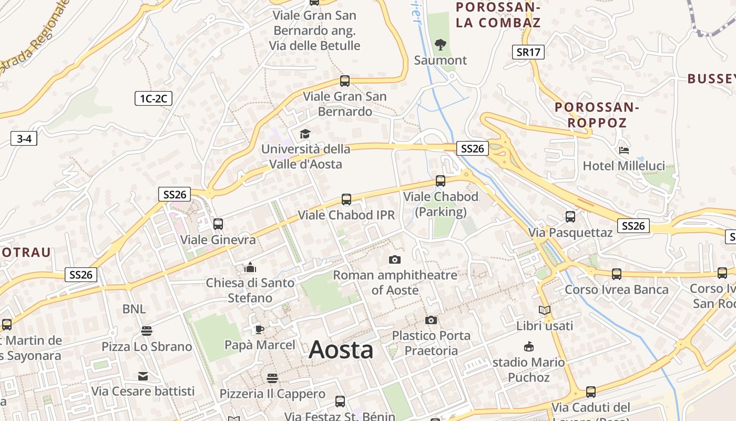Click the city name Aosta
341,350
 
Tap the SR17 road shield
528,52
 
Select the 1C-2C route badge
154,98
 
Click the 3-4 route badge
24,139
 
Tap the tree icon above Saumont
441,45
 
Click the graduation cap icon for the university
305,134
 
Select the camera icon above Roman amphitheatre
395,259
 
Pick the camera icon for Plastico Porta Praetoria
431,320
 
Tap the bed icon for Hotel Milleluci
624,150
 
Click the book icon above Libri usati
545,310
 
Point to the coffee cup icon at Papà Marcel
259,329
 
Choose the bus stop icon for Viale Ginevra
218,224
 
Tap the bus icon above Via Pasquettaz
570,216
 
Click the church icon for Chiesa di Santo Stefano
250,267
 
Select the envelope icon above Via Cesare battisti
143,376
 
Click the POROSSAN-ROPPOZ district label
597,115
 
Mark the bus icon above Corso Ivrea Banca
617,274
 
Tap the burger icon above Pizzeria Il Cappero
272,378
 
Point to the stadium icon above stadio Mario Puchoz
529,347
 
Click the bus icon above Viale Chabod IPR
346,199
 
